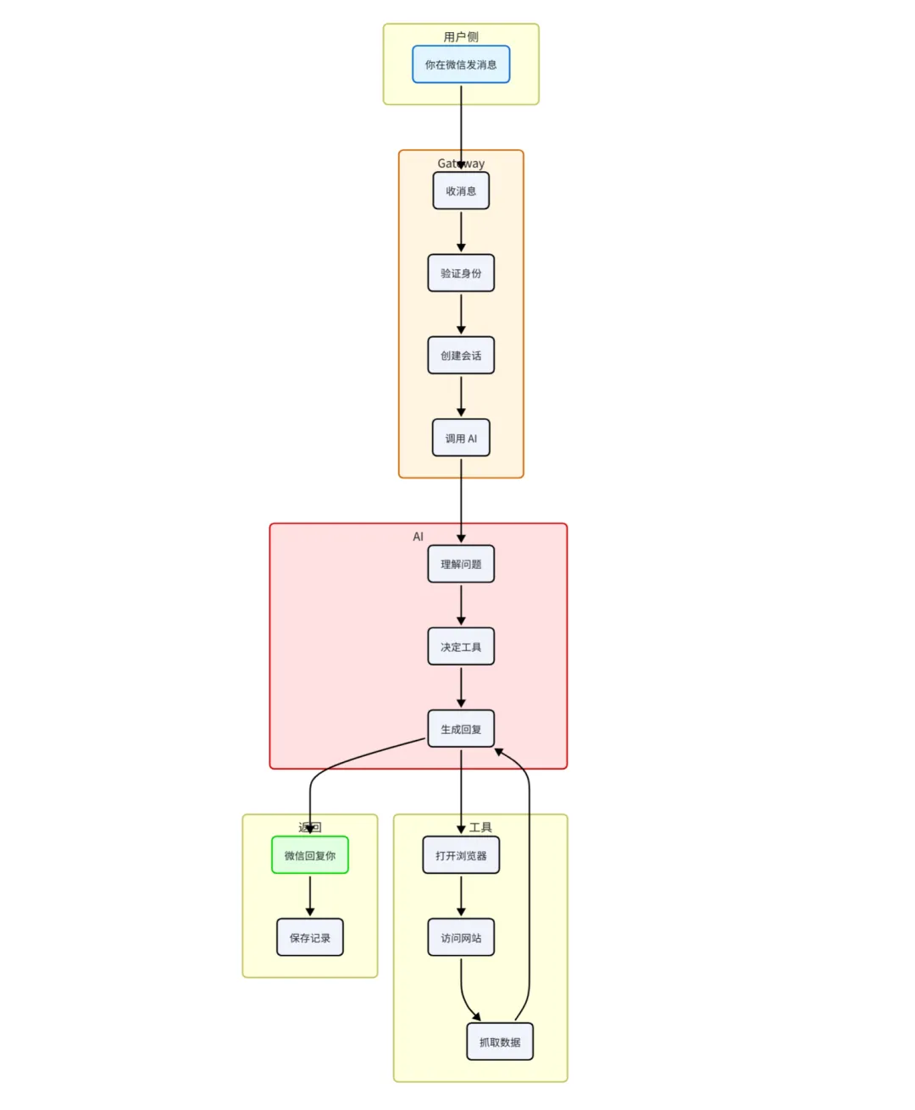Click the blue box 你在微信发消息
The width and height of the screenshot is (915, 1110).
pos(461,64)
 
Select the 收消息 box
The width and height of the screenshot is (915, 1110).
pos(461,191)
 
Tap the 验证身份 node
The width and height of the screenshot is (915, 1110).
pos(461,273)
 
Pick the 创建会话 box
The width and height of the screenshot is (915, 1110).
pos(461,356)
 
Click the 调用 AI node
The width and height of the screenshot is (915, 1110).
pos(461,439)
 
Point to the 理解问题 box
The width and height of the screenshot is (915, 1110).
pos(461,565)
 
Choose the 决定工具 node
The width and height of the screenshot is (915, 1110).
pos(461,647)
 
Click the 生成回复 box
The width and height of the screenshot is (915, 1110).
pos(461,729)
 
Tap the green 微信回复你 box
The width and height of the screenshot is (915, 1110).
pos(310,855)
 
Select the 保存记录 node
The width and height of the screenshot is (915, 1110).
pos(310,937)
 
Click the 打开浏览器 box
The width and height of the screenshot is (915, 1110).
pos(461,855)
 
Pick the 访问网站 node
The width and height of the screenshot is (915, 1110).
pos(461,937)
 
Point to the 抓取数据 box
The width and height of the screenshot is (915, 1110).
pos(500,1041)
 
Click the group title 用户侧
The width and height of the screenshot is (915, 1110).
pos(461,36)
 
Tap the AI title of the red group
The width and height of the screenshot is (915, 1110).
pos(418,536)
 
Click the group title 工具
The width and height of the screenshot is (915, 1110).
pos(480,827)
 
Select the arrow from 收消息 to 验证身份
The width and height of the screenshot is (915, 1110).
pos(461,231)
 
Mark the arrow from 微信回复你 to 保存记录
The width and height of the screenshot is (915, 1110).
pos(310,895)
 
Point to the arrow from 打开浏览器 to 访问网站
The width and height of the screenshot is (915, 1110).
pos(461,895)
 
